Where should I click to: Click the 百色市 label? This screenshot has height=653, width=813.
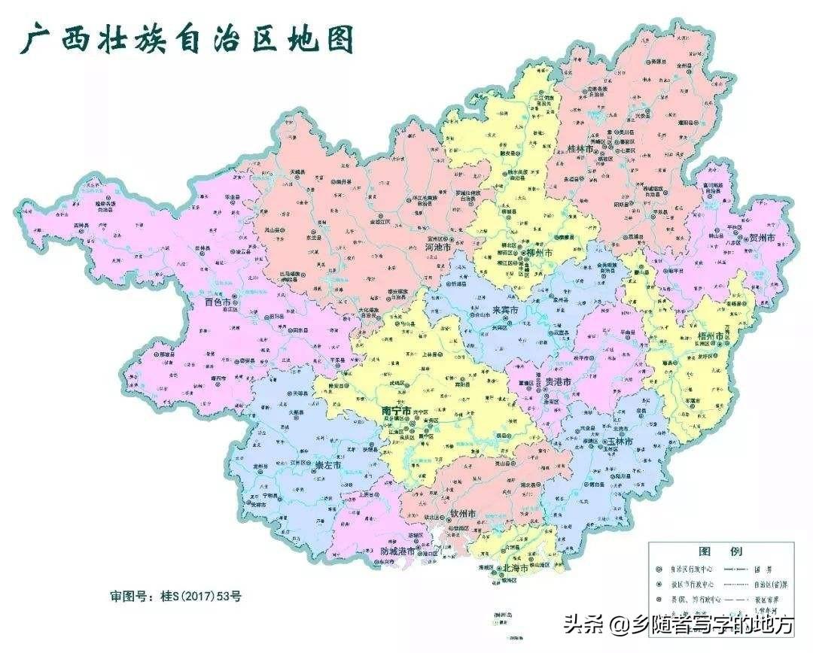[220, 302]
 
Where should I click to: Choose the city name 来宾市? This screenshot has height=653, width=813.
[507, 310]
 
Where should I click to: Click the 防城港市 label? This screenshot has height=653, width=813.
[399, 551]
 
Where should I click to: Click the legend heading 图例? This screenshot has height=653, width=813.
[711, 551]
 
